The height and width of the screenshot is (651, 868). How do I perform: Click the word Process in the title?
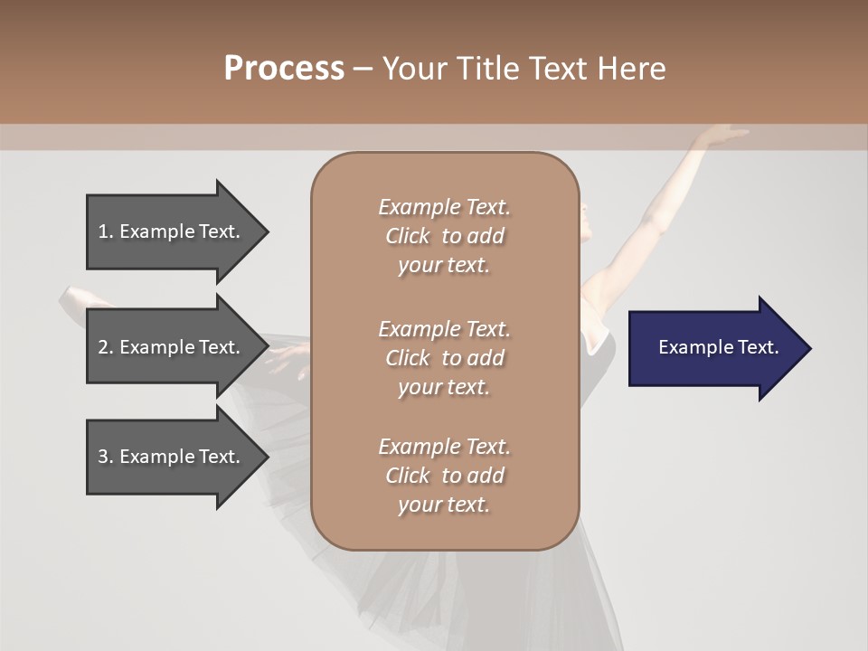click(284, 69)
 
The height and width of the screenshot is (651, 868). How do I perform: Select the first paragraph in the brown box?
click(444, 236)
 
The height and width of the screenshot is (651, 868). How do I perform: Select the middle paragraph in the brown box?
click(444, 358)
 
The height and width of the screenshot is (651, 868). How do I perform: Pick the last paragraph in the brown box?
click(444, 476)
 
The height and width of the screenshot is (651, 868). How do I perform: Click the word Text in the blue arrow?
click(758, 347)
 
